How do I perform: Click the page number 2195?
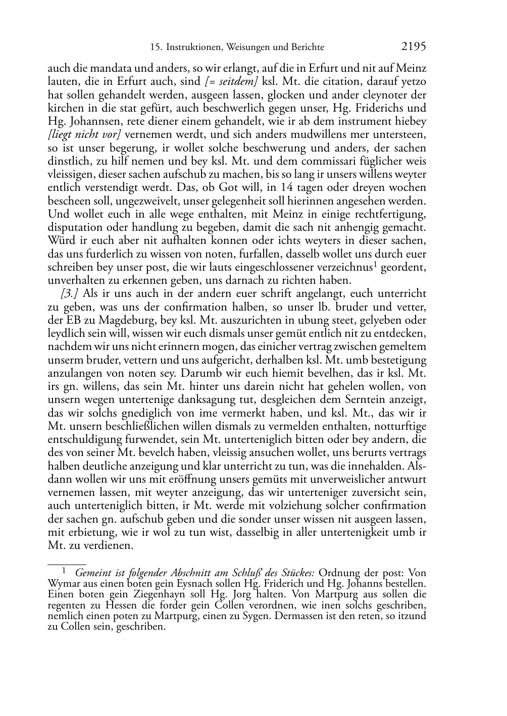[414, 46]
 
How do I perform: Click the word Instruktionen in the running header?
[192, 47]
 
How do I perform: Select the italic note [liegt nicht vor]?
[84, 135]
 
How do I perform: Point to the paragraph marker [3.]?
[68, 294]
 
